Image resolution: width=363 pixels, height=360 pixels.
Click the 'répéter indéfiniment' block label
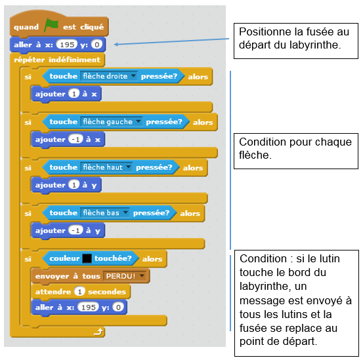(57, 60)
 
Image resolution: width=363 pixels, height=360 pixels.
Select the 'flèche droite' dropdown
(108, 76)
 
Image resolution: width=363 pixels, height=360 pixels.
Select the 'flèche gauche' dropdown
(110, 121)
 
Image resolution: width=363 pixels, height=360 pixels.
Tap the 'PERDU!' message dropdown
(125, 275)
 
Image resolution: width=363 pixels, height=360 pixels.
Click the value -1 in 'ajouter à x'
(76, 139)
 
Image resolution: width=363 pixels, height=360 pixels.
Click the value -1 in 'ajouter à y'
(76, 230)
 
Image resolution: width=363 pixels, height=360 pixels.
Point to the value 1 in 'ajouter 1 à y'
(74, 185)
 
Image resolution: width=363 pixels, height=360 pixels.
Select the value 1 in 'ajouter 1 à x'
(74, 94)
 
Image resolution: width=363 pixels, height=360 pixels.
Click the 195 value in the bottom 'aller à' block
(87, 307)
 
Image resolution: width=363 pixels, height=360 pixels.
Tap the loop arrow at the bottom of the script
(98, 332)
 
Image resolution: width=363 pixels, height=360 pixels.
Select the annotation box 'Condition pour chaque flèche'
(295, 148)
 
